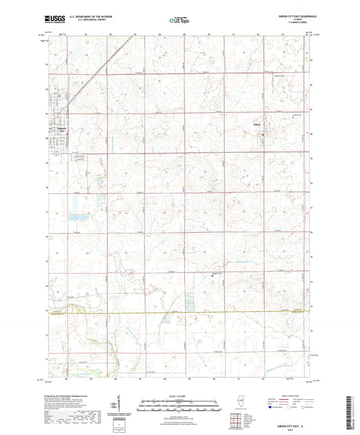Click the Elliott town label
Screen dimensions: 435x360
pyautogui.click(x=258, y=124)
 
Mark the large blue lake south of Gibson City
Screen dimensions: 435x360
pyautogui.click(x=72, y=217)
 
